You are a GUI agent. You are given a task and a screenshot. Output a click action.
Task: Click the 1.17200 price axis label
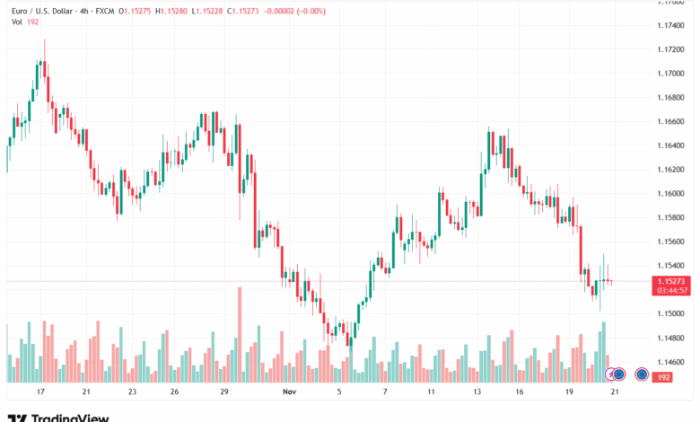click(x=674, y=49)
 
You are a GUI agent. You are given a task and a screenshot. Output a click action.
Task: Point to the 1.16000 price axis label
click(x=674, y=193)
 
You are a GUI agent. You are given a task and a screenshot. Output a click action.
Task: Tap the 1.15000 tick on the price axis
click(x=674, y=313)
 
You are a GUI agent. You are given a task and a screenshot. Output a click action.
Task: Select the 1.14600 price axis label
click(x=674, y=361)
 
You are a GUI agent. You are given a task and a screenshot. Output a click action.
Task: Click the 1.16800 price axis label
click(x=674, y=97)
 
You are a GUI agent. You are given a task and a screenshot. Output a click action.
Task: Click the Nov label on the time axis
click(x=289, y=392)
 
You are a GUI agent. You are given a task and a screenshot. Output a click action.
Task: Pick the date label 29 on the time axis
click(x=224, y=392)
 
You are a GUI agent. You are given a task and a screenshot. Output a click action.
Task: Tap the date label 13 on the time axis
click(x=478, y=392)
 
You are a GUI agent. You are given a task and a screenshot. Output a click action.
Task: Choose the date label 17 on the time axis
click(x=40, y=392)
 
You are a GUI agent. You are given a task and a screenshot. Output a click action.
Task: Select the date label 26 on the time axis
click(x=174, y=392)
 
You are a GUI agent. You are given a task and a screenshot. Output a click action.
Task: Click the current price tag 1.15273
click(x=674, y=280)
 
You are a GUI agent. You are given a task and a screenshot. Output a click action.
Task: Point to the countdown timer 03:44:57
click(x=674, y=290)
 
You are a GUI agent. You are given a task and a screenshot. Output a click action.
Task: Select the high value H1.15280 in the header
click(x=174, y=11)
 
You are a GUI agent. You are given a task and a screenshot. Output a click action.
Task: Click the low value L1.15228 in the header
click(x=210, y=11)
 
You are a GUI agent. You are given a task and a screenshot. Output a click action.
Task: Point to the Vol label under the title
click(x=16, y=22)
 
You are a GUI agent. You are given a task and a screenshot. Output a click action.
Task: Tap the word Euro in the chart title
click(x=21, y=11)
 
